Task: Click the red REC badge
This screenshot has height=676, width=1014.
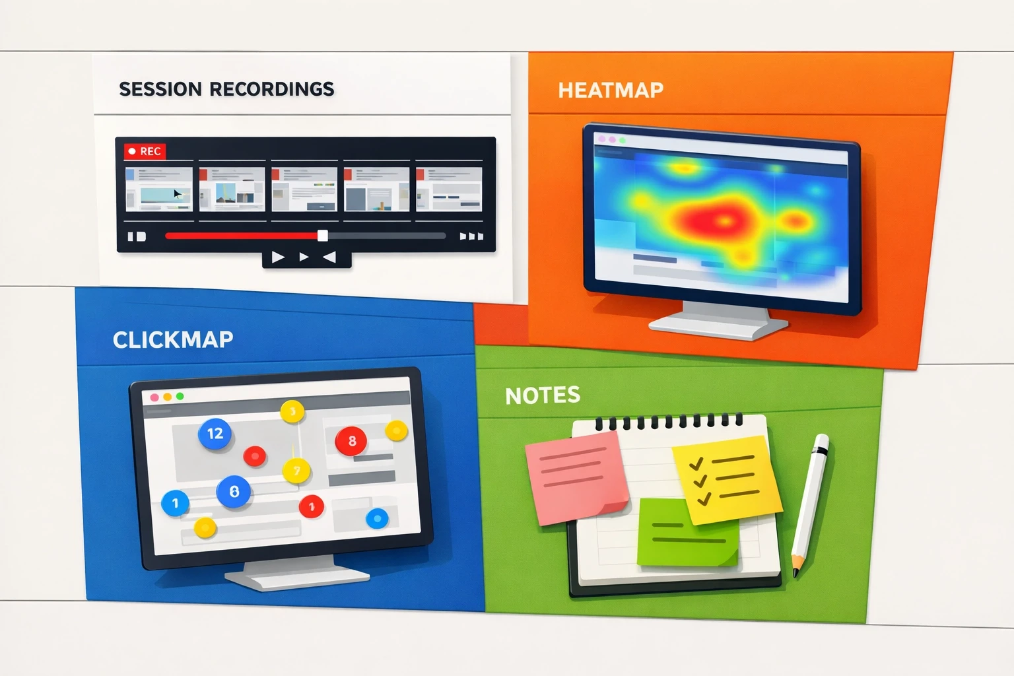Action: coord(145,151)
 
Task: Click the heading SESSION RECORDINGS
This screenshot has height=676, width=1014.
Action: coord(226,89)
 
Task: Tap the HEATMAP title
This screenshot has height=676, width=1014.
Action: coord(611,90)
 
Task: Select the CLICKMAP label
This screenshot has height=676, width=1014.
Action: coord(173,339)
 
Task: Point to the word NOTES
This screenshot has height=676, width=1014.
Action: coord(543,395)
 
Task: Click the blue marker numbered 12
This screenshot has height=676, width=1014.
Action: coord(215,434)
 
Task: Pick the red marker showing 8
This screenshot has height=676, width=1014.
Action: coord(351,440)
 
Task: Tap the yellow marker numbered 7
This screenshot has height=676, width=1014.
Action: coord(296,471)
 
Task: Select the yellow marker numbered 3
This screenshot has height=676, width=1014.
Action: coord(292,413)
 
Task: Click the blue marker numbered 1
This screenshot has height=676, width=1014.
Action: coord(175,503)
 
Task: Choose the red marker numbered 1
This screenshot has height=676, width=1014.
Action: coord(312,507)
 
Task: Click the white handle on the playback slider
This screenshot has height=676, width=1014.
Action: coord(322,236)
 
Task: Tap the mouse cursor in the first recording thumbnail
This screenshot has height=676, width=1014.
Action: coord(177,194)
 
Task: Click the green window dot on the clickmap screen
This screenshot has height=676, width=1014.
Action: coord(180,397)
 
